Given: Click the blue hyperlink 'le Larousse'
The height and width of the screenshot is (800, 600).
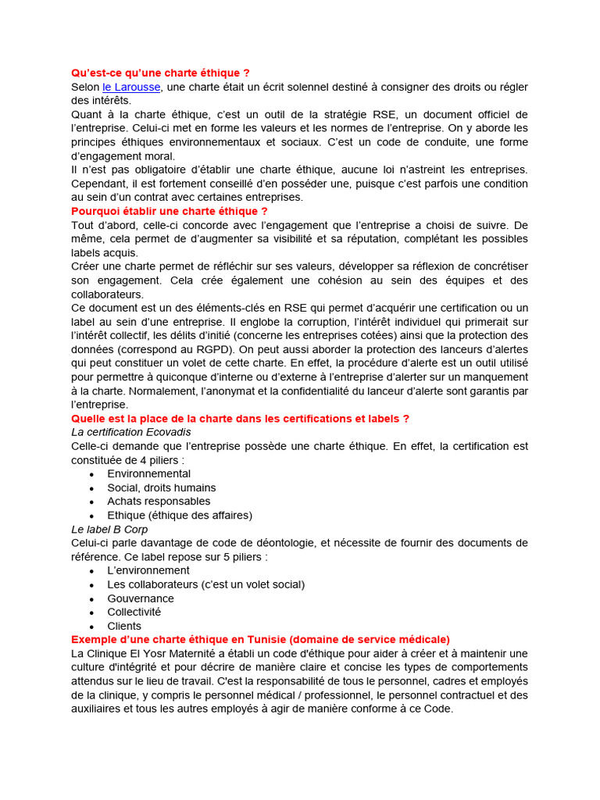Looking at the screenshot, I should point(131,87).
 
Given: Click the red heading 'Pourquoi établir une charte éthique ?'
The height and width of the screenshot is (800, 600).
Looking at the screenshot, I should point(170,211).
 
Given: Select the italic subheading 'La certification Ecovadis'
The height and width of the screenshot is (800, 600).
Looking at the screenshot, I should point(131,432).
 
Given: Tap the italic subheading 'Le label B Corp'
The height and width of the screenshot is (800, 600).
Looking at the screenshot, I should point(109,529).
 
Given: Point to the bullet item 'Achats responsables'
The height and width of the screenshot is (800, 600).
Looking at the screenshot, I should point(159,501).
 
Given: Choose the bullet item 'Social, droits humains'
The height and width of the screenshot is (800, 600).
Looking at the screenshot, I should point(162,487).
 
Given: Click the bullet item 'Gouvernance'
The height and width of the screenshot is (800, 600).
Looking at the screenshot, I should point(141,598).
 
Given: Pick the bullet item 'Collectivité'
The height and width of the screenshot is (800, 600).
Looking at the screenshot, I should point(134,612).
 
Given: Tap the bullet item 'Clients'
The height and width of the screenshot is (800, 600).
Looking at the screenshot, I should point(124,626).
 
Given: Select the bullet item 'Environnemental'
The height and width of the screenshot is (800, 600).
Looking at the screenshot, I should point(148,473).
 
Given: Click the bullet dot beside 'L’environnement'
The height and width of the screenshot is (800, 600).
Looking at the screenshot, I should point(92,571).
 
